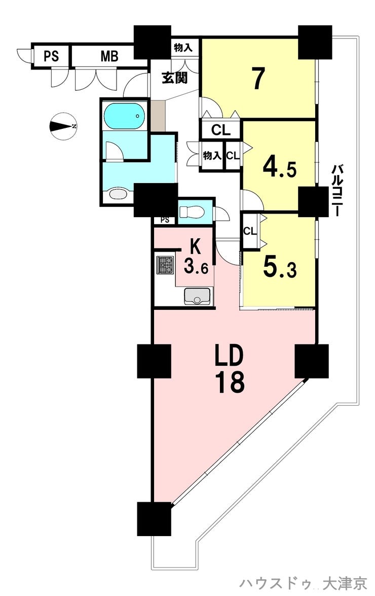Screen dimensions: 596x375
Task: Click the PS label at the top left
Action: (50, 56)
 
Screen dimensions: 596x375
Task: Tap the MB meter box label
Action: (109, 56)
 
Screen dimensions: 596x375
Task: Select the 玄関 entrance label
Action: (175, 78)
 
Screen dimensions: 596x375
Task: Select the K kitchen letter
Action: (195, 247)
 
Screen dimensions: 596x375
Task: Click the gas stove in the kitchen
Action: (165, 265)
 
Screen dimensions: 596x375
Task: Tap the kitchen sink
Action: (197, 296)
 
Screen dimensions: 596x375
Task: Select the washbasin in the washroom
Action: (119, 194)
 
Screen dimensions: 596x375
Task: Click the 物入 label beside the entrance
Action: (183, 48)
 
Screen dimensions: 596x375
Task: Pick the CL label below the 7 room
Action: (221, 130)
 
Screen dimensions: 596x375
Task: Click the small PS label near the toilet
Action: (164, 220)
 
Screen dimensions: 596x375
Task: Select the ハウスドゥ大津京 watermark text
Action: (303, 583)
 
